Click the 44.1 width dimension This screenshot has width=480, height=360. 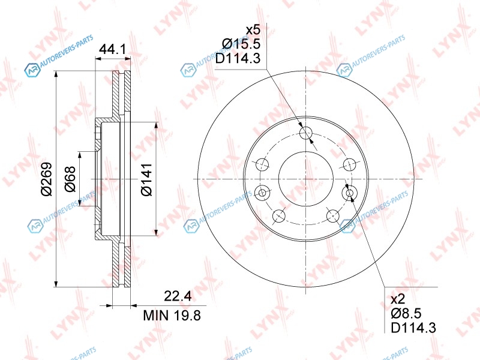pyautogui.click(x=113, y=49)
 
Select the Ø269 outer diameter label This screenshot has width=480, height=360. pyautogui.click(x=47, y=179)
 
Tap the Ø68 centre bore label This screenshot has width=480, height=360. pyautogui.click(x=70, y=179)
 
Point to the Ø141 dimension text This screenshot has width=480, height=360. pyautogui.click(x=146, y=179)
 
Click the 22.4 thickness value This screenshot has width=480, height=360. pyautogui.click(x=178, y=296)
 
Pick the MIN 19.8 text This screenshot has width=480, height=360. pyautogui.click(x=172, y=315)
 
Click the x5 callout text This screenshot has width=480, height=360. pyautogui.click(x=253, y=30)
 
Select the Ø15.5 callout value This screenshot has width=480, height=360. pyautogui.click(x=241, y=44)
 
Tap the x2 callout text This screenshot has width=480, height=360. pyautogui.click(x=398, y=299)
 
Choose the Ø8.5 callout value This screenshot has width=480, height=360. pyautogui.click(x=406, y=313)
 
